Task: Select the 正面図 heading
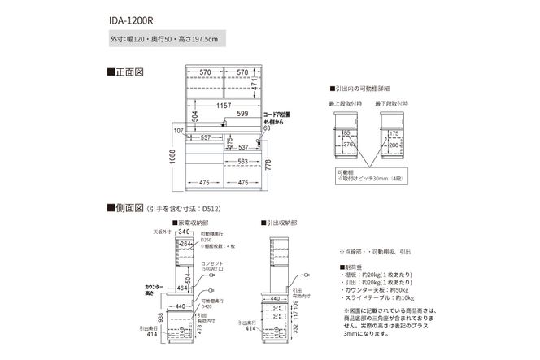tap(126, 72)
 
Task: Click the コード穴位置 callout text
tap(277, 115)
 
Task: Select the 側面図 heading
tap(126, 209)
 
